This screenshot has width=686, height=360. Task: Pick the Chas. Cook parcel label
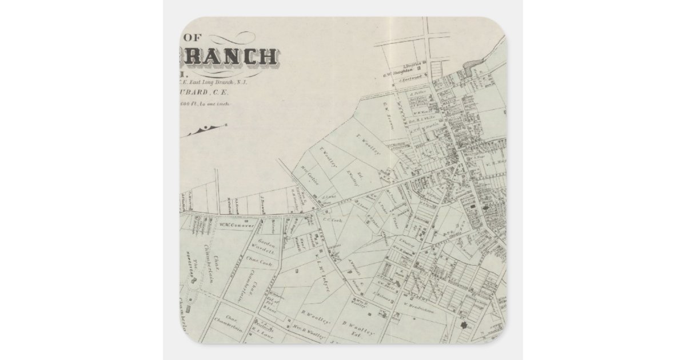pos(258,265)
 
